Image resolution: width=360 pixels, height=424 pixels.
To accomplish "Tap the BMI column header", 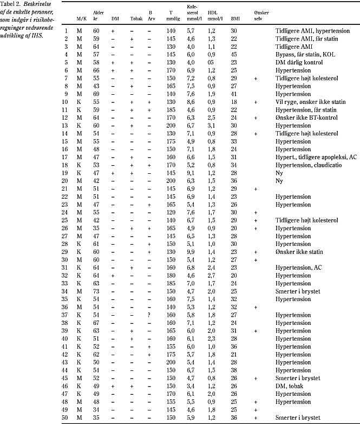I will (235, 18).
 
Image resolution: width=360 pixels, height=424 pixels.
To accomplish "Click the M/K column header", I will (82, 18).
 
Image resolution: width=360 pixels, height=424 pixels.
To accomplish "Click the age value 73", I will (98, 291).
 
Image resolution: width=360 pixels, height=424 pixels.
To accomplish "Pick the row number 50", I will (67, 418).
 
